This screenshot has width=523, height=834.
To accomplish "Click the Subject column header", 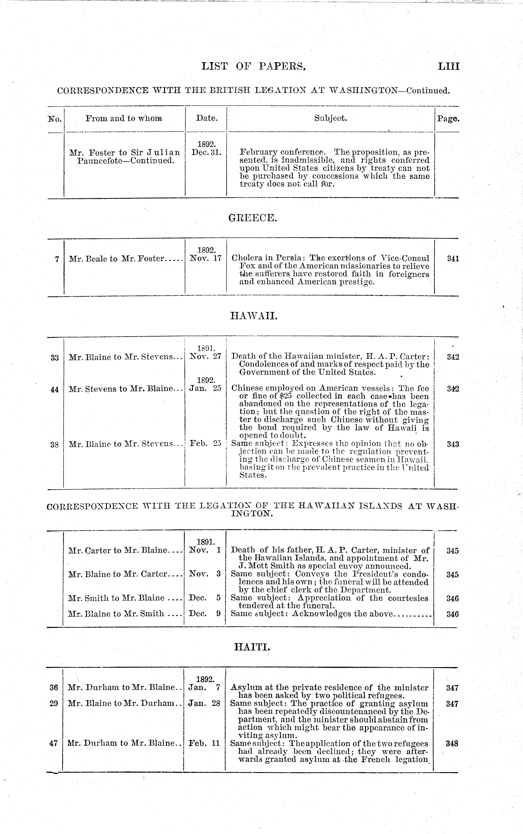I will [x=330, y=118].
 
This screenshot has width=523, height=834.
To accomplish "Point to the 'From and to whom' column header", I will [x=124, y=119].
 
